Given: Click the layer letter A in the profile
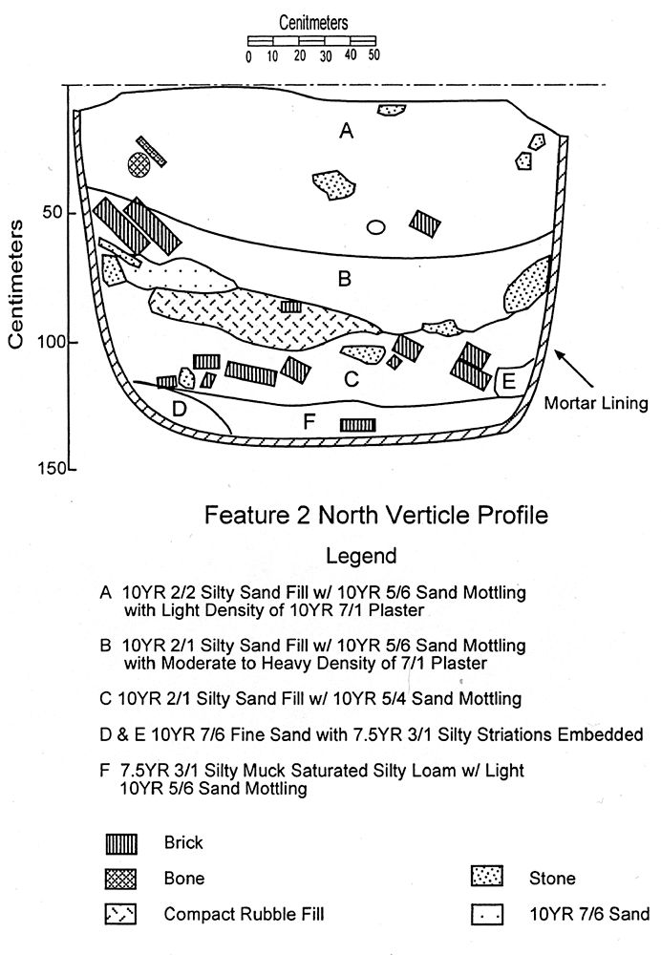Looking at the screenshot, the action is point(346,130).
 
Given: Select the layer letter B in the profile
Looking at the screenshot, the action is point(344,279).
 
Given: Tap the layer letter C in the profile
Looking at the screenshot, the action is point(351,379).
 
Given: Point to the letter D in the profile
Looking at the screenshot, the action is point(179,408).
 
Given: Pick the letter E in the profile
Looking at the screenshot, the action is point(509,382).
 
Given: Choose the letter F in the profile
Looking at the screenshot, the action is point(309,421).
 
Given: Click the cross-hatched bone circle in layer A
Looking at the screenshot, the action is point(139,164).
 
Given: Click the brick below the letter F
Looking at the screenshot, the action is point(357,425).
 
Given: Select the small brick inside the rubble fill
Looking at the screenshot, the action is point(291,306).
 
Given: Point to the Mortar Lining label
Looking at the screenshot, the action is point(596,403).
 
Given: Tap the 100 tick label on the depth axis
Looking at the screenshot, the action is point(51,342).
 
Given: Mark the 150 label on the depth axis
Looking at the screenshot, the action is point(52,468).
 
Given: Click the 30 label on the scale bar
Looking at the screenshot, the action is point(326,56).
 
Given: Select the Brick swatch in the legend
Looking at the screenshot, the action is point(121,843).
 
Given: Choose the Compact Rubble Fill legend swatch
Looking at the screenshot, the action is point(120,914).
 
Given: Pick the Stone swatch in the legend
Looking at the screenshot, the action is point(487,876).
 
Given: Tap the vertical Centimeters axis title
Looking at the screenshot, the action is point(16,284).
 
